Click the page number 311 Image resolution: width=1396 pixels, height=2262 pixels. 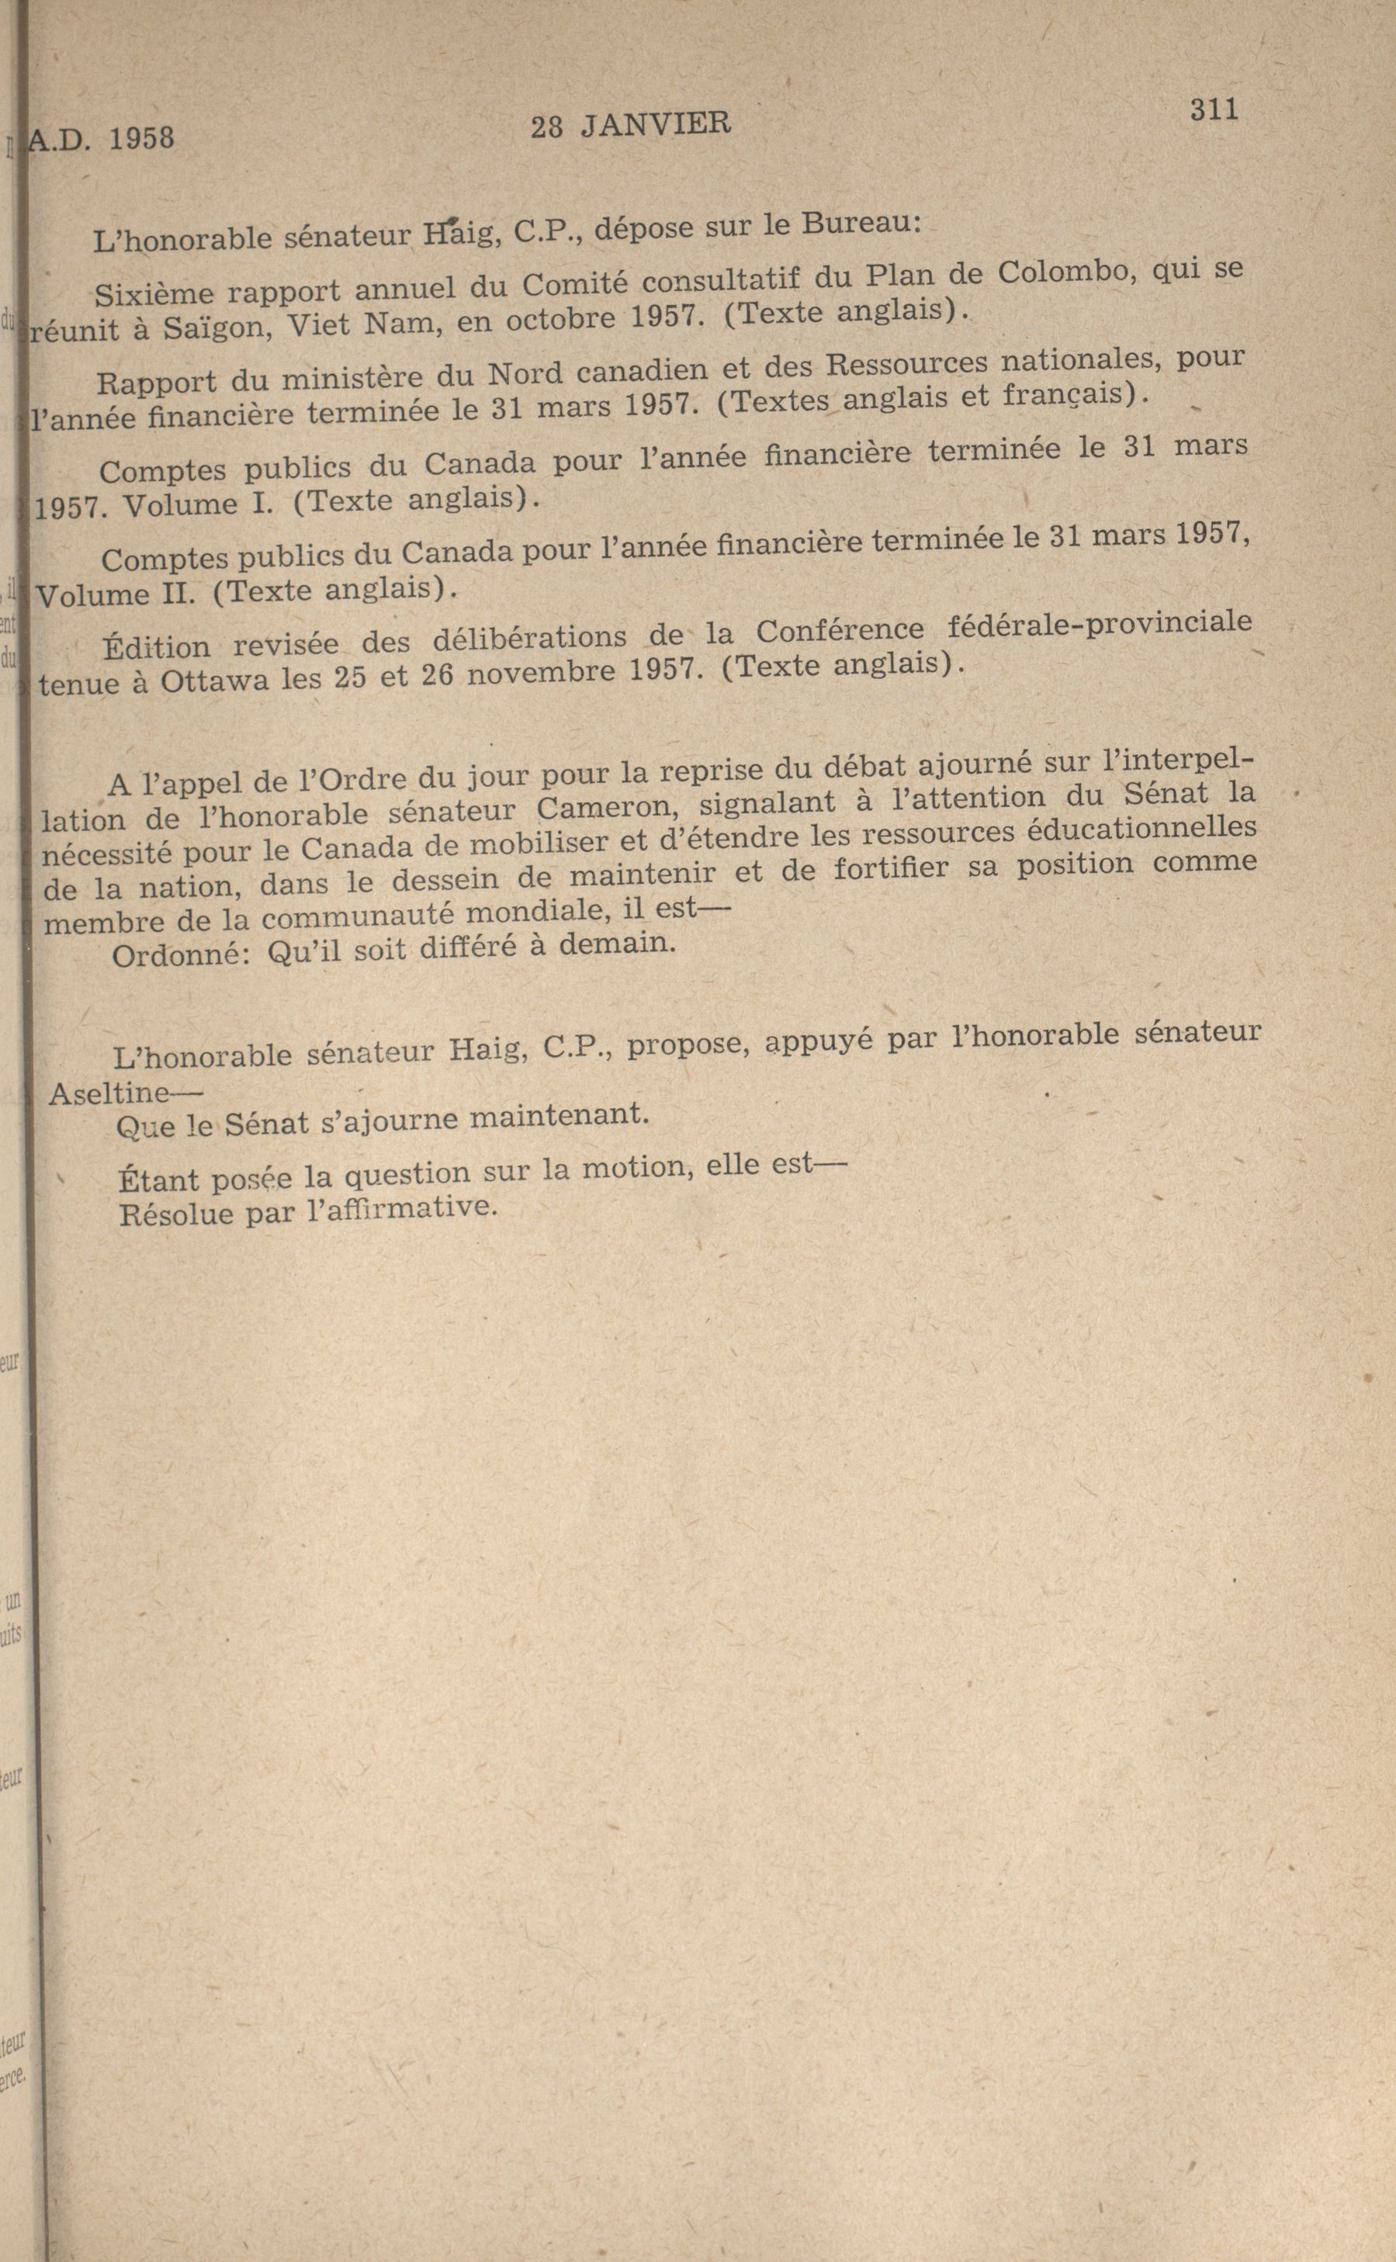click(1213, 110)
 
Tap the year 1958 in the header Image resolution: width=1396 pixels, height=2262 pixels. click(141, 138)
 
